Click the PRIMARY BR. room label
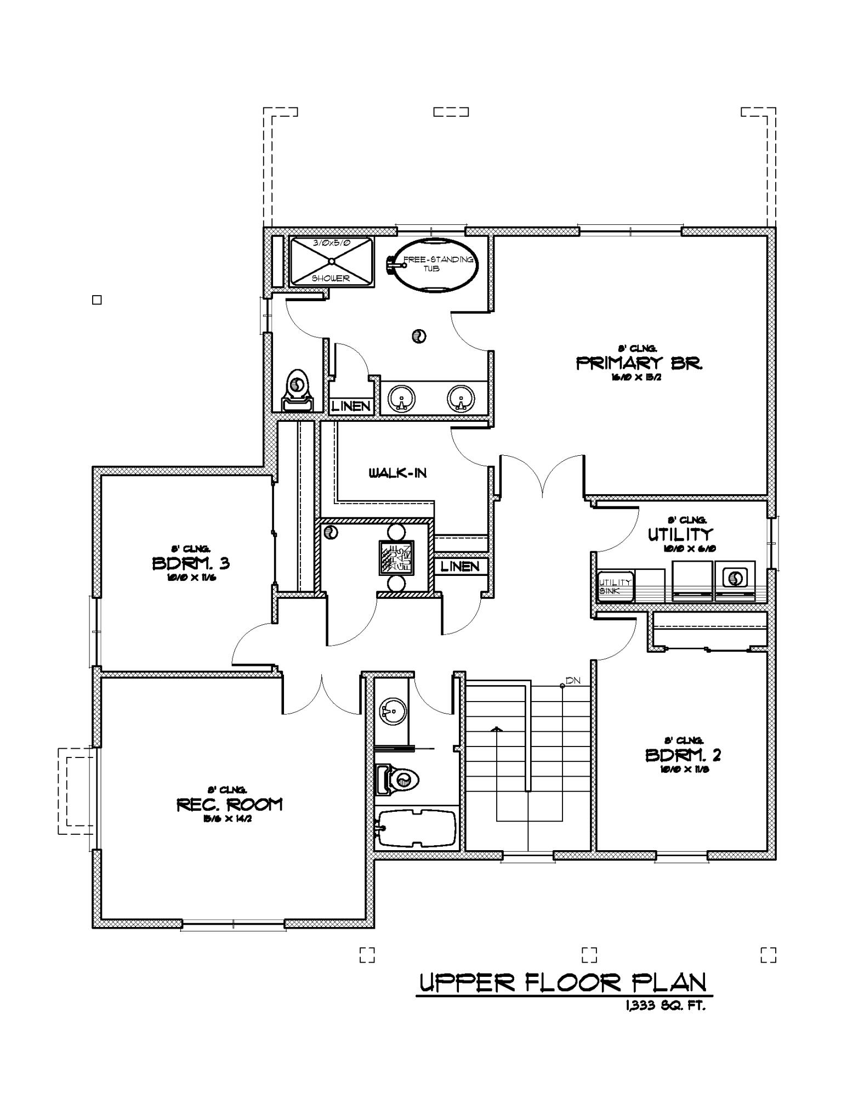(x=639, y=363)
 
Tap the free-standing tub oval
(x=433, y=265)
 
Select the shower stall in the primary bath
(x=331, y=262)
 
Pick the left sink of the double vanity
(x=401, y=398)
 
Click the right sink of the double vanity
(x=461, y=398)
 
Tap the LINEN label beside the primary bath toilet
(x=351, y=406)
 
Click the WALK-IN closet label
(x=397, y=473)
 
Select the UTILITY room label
(x=680, y=534)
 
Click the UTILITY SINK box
(x=615, y=586)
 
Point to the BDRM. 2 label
(x=683, y=755)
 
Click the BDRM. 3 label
(x=190, y=563)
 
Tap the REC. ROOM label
(x=229, y=805)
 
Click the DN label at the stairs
(x=572, y=681)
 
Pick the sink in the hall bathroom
(x=393, y=712)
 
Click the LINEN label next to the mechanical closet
(x=460, y=566)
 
